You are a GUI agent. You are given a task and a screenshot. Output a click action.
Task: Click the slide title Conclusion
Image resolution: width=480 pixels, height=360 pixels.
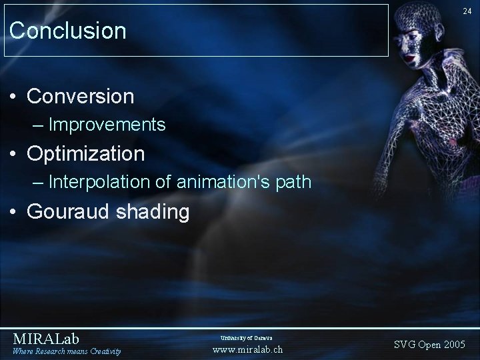click(68, 31)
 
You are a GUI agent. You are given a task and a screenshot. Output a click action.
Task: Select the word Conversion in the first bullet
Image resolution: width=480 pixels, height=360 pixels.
click(81, 96)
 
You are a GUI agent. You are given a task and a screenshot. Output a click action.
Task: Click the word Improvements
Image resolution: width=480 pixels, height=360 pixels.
click(107, 125)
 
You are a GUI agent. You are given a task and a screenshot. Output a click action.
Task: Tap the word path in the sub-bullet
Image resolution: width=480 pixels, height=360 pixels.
click(293, 183)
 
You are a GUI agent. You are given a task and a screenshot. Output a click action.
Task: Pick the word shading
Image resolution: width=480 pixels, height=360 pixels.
click(156, 212)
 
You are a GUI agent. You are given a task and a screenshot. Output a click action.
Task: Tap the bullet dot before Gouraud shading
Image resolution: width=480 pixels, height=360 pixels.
click(14, 213)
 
